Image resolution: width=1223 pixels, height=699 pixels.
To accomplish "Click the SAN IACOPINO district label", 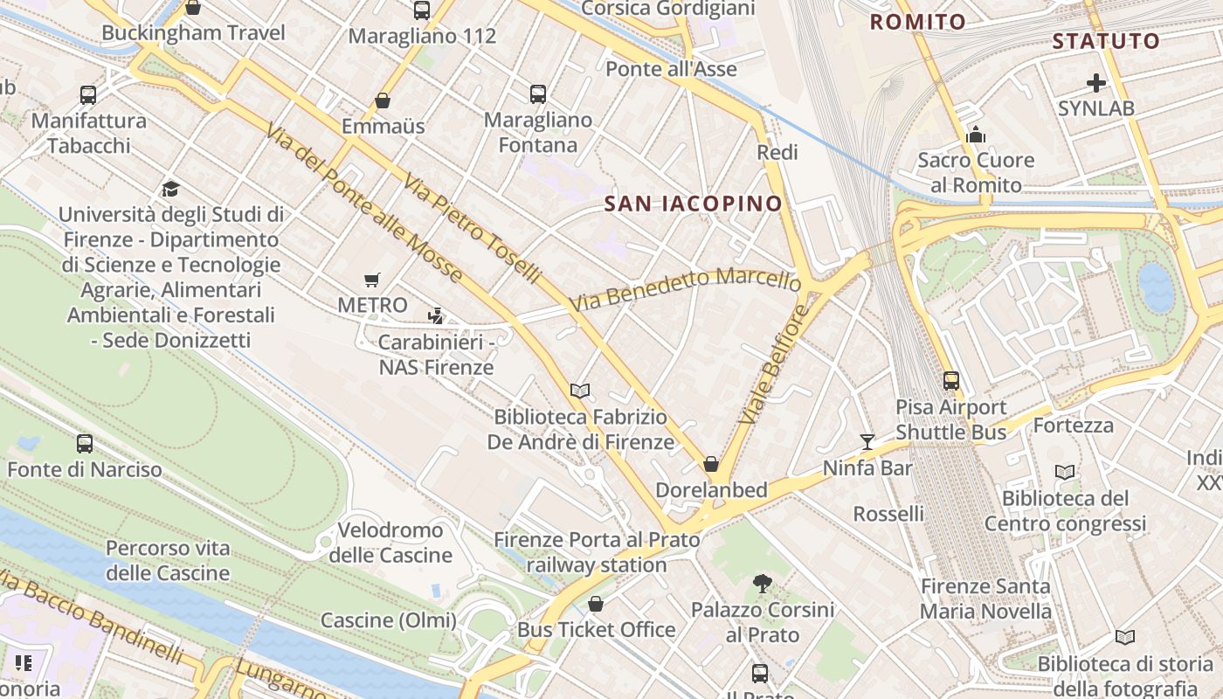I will click(694, 204).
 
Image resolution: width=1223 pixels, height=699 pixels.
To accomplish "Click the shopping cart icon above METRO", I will click(372, 280).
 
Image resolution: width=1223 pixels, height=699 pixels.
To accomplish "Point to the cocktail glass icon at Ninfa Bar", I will click(867, 442).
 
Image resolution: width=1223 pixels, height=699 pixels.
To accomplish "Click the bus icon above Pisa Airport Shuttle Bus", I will click(950, 381).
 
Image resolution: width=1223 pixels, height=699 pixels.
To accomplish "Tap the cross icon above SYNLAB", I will click(1095, 84).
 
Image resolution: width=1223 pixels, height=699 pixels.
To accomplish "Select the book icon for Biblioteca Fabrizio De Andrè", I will click(580, 391).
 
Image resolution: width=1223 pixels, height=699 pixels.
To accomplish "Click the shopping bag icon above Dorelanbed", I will click(711, 464).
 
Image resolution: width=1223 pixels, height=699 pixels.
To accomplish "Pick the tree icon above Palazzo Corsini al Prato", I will click(763, 583).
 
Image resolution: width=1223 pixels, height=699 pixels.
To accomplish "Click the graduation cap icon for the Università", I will click(170, 189).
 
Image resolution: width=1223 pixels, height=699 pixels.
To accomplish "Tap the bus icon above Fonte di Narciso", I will click(85, 444).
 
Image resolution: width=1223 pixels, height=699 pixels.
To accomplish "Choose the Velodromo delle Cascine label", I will click(390, 543).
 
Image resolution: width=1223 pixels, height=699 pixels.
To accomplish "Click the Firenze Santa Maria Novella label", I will click(985, 599).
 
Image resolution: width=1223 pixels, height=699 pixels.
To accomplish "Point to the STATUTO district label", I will click(1105, 41).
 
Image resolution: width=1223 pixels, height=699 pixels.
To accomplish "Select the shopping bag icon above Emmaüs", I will click(383, 100).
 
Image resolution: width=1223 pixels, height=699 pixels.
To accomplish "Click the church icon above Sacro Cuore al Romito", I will click(976, 135).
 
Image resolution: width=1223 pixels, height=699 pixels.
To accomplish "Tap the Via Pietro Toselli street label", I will click(473, 227).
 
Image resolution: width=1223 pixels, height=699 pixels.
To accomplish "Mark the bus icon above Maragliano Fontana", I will click(538, 94).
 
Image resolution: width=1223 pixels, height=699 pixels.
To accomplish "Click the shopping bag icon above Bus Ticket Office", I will click(596, 604).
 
